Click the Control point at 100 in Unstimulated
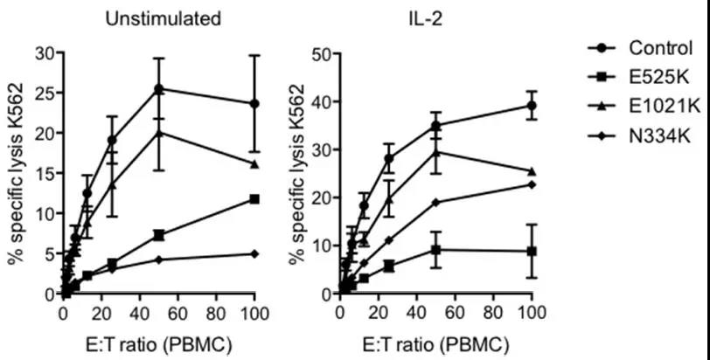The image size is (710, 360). pyautogui.click(x=254, y=103)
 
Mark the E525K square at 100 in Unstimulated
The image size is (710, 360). pyautogui.click(x=254, y=199)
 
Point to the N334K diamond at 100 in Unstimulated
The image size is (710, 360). pyautogui.click(x=254, y=253)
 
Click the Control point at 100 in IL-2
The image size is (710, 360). pyautogui.click(x=530, y=105)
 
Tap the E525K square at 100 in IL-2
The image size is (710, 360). pyautogui.click(x=530, y=251)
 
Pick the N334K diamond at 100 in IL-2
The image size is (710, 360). pyautogui.click(x=530, y=184)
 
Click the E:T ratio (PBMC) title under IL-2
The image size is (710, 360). pyautogui.click(x=435, y=345)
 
